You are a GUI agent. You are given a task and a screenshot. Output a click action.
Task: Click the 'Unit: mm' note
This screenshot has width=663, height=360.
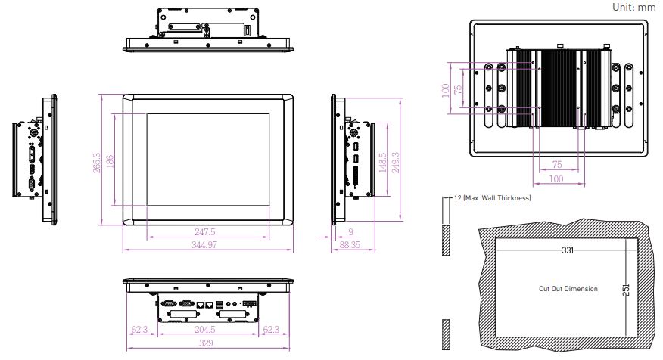[x=633, y=7]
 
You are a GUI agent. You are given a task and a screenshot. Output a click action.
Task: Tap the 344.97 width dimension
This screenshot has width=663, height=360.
[x=204, y=244]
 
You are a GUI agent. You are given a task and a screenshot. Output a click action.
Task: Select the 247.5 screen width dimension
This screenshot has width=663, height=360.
[x=205, y=232]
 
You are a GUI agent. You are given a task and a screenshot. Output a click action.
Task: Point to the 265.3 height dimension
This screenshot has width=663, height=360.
[x=97, y=163]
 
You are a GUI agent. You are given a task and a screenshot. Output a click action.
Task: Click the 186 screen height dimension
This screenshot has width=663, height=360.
[x=110, y=161]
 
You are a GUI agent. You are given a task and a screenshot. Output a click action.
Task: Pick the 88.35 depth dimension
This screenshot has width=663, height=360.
[x=350, y=244]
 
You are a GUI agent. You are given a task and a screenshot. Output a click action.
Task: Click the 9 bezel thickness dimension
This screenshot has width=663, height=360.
[x=350, y=232]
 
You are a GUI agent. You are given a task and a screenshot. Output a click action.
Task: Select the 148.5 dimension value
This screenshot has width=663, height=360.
[x=383, y=163]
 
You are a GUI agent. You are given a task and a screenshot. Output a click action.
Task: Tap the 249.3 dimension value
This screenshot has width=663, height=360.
[x=395, y=163]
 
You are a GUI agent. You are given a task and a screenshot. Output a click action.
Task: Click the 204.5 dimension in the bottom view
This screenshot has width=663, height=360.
[x=205, y=329]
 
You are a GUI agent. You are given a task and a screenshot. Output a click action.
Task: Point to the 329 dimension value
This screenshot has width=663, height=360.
[x=207, y=343]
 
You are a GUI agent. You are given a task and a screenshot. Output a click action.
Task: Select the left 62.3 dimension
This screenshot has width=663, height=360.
[x=139, y=329]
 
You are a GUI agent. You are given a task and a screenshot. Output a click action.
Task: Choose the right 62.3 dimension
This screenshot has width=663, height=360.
[x=271, y=329]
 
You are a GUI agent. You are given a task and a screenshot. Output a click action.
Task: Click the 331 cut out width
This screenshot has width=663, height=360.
[x=568, y=250]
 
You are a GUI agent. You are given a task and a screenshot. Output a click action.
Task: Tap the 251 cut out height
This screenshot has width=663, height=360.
[x=626, y=290]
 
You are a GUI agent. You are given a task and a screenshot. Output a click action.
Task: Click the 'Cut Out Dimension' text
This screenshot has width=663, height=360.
[x=568, y=289]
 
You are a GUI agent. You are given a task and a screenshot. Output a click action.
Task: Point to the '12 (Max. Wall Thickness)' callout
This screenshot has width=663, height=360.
[x=493, y=197]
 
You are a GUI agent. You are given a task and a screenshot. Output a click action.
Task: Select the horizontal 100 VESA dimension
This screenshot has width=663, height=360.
[x=556, y=178]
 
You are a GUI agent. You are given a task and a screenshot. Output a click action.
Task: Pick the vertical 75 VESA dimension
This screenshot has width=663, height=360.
[x=457, y=89]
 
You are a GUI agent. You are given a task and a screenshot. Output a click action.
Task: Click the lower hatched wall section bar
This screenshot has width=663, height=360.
[x=446, y=334]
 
